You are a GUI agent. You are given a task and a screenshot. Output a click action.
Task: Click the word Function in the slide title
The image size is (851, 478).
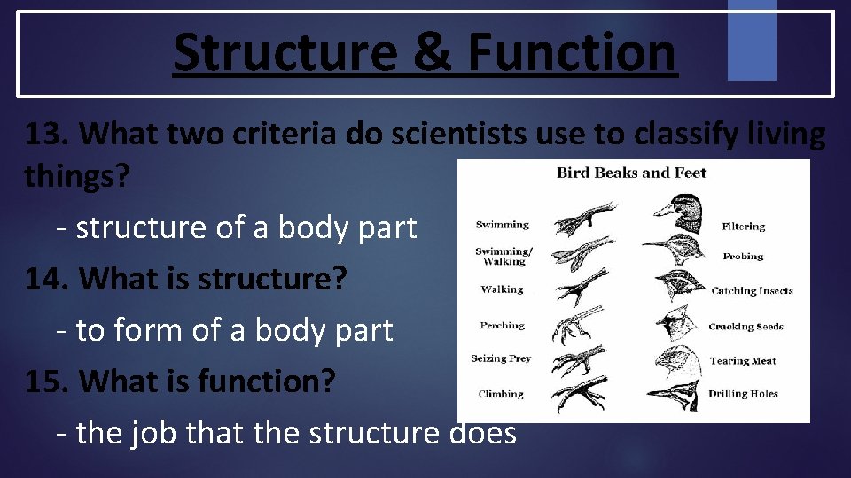(x=572, y=52)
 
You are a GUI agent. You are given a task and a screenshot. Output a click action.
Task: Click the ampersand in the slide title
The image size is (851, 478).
(x=430, y=52)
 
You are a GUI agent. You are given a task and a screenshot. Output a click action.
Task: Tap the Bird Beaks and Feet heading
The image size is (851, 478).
(x=631, y=173)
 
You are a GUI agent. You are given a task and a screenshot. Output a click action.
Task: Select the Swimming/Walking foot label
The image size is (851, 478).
(x=504, y=257)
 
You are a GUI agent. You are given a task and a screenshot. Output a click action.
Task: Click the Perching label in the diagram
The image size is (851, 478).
(x=503, y=326)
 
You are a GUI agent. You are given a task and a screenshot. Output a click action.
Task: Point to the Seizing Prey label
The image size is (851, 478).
(x=501, y=358)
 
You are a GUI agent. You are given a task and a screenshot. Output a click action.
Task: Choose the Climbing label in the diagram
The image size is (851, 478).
(x=501, y=394)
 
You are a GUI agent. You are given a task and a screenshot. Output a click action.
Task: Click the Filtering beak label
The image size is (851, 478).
(x=743, y=227)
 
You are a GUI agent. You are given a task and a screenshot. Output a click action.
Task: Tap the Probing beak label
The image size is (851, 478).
(x=743, y=257)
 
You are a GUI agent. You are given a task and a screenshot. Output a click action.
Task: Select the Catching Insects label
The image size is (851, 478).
(x=752, y=290)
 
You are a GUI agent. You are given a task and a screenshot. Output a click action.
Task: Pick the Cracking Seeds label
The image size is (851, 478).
(x=746, y=327)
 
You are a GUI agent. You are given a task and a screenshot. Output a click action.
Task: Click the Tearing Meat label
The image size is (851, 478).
(x=743, y=361)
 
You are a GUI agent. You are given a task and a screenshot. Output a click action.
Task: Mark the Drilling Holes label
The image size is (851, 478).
(x=743, y=394)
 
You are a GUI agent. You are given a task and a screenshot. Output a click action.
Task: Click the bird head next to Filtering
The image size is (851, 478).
(x=677, y=211)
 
